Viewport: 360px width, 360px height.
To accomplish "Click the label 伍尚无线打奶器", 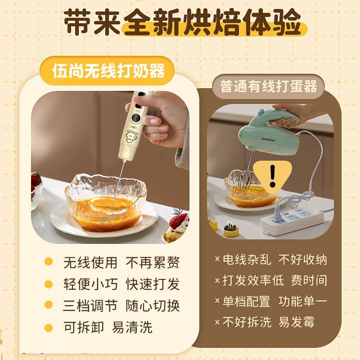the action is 108,71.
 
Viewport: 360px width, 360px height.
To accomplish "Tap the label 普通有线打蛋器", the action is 269,86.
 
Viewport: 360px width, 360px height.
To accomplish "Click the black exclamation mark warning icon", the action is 273,175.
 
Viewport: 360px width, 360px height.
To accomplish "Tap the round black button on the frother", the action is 136,118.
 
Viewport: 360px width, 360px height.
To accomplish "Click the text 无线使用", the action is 90,262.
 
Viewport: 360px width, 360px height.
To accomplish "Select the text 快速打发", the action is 153,284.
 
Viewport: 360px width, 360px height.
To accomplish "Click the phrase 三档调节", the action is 90,306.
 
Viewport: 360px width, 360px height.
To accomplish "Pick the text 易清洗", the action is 132,327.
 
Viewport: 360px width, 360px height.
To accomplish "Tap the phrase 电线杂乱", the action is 247,260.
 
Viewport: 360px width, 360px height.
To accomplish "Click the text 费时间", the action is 309,280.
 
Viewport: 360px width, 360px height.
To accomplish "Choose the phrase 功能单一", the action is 302,301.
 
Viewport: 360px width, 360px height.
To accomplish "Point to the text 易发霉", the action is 297,322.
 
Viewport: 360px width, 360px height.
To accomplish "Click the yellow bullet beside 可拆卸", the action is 49,328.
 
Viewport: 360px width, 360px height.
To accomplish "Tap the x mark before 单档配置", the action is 217,301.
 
